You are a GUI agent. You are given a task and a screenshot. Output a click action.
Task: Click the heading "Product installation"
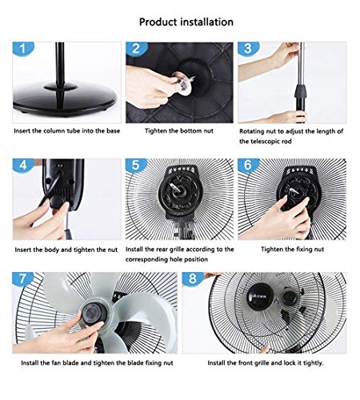[x=186, y=22]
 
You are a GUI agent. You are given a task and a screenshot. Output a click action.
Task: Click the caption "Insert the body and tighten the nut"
[x=66, y=249]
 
